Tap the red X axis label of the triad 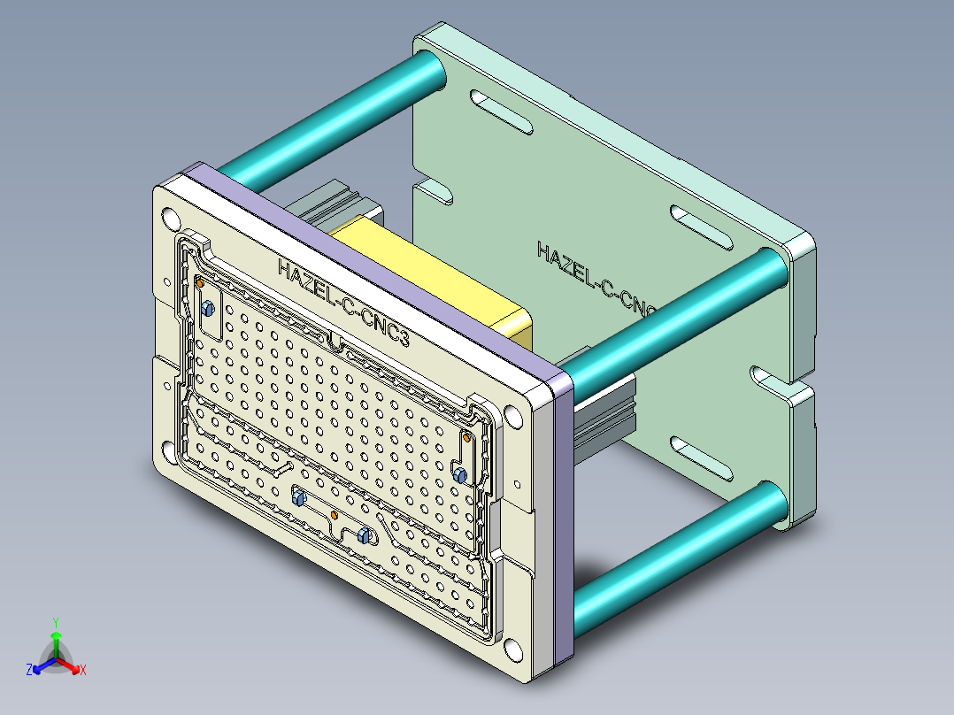click(82, 671)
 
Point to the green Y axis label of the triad click(55, 622)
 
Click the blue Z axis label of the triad click(29, 671)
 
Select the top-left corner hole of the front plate click(171, 219)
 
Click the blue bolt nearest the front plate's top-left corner click(207, 309)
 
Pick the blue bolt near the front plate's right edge click(459, 475)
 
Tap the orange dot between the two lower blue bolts click(334, 514)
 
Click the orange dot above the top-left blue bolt click(201, 283)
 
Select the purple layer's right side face click(562, 522)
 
